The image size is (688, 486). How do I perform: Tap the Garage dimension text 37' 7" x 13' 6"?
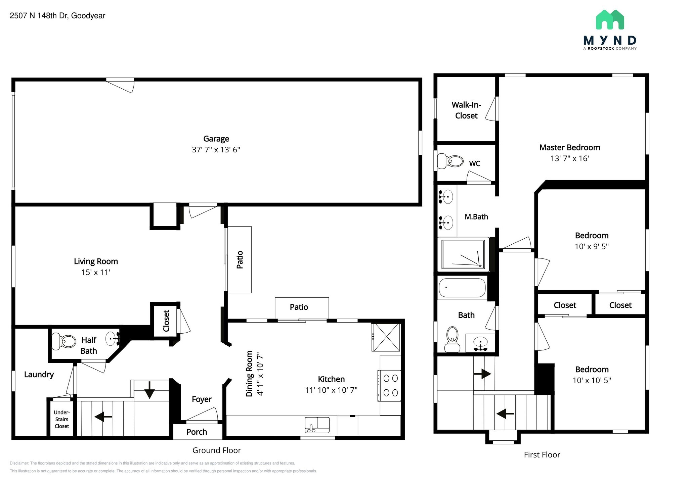pyautogui.click(x=216, y=150)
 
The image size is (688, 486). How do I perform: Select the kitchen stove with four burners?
pyautogui.click(x=390, y=385)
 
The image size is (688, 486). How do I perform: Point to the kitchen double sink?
pyautogui.click(x=317, y=425)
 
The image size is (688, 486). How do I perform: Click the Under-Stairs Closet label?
pyautogui.click(x=62, y=419)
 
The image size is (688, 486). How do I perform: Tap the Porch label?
pyautogui.click(x=197, y=432)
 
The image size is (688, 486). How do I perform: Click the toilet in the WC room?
pyautogui.click(x=450, y=161)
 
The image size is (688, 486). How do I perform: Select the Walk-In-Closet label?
pyautogui.click(x=466, y=110)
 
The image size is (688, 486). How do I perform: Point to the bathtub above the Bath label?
pyautogui.click(x=462, y=288)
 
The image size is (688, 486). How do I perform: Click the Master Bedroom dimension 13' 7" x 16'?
pyautogui.click(x=569, y=158)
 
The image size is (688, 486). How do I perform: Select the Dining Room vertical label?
pyautogui.click(x=249, y=374)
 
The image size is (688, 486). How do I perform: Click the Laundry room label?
pyautogui.click(x=39, y=375)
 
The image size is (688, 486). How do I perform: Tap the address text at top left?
pyautogui.click(x=57, y=16)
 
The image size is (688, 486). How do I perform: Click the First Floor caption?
pyautogui.click(x=542, y=455)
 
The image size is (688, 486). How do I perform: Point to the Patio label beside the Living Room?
pyautogui.click(x=240, y=259)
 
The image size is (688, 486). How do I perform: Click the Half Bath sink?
pyautogui.click(x=112, y=339)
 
